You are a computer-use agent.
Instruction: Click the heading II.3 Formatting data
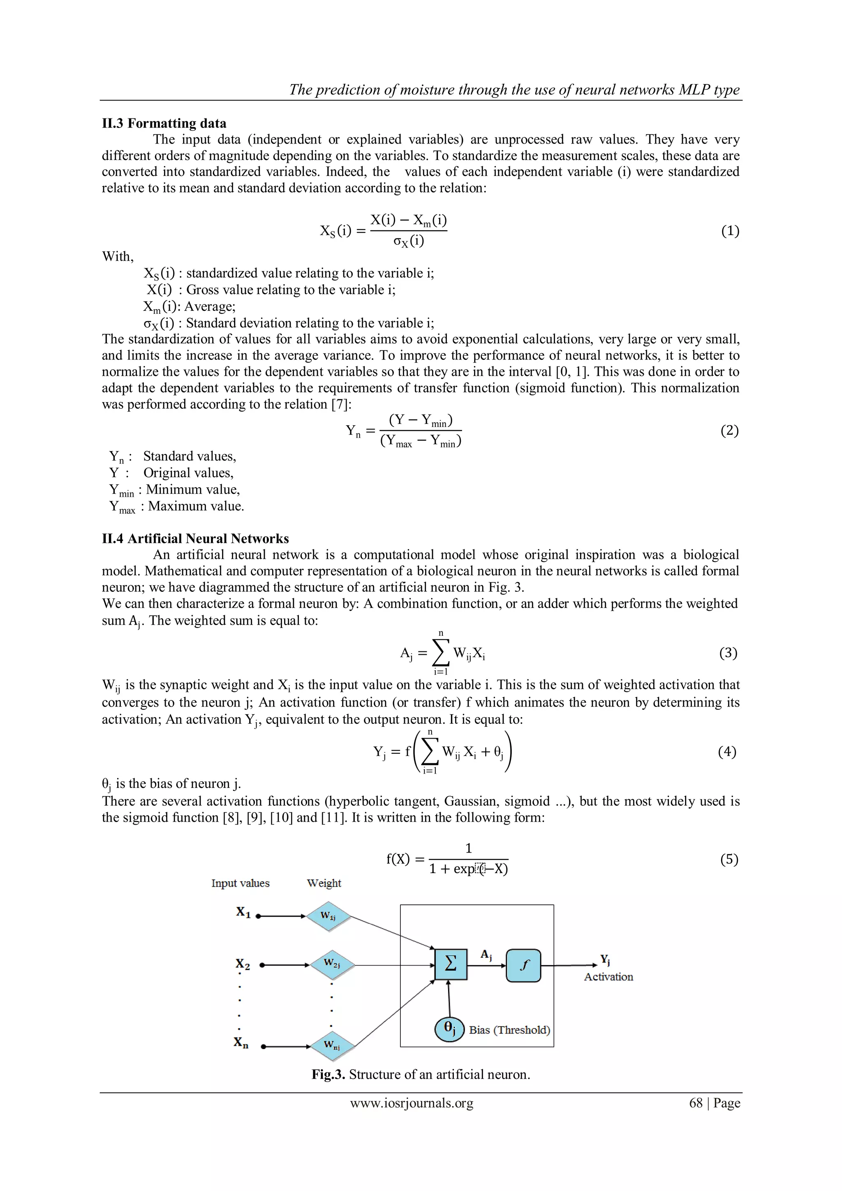coord(164,123)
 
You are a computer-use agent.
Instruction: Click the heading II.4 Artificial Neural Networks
coord(195,538)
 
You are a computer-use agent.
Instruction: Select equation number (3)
coord(728,653)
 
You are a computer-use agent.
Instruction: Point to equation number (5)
coord(729,860)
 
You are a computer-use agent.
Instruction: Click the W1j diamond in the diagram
coord(328,916)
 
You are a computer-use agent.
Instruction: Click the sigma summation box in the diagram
coord(451,964)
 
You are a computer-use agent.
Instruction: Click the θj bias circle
coord(449,1029)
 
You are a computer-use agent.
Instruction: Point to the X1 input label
coord(243,913)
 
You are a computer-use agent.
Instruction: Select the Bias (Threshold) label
coord(509,1030)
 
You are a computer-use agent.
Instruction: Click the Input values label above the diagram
coord(240,883)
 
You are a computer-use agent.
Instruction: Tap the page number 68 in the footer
coord(695,1103)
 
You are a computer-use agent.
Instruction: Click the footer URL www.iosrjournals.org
coord(412,1103)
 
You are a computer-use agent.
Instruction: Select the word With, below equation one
coord(118,257)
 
